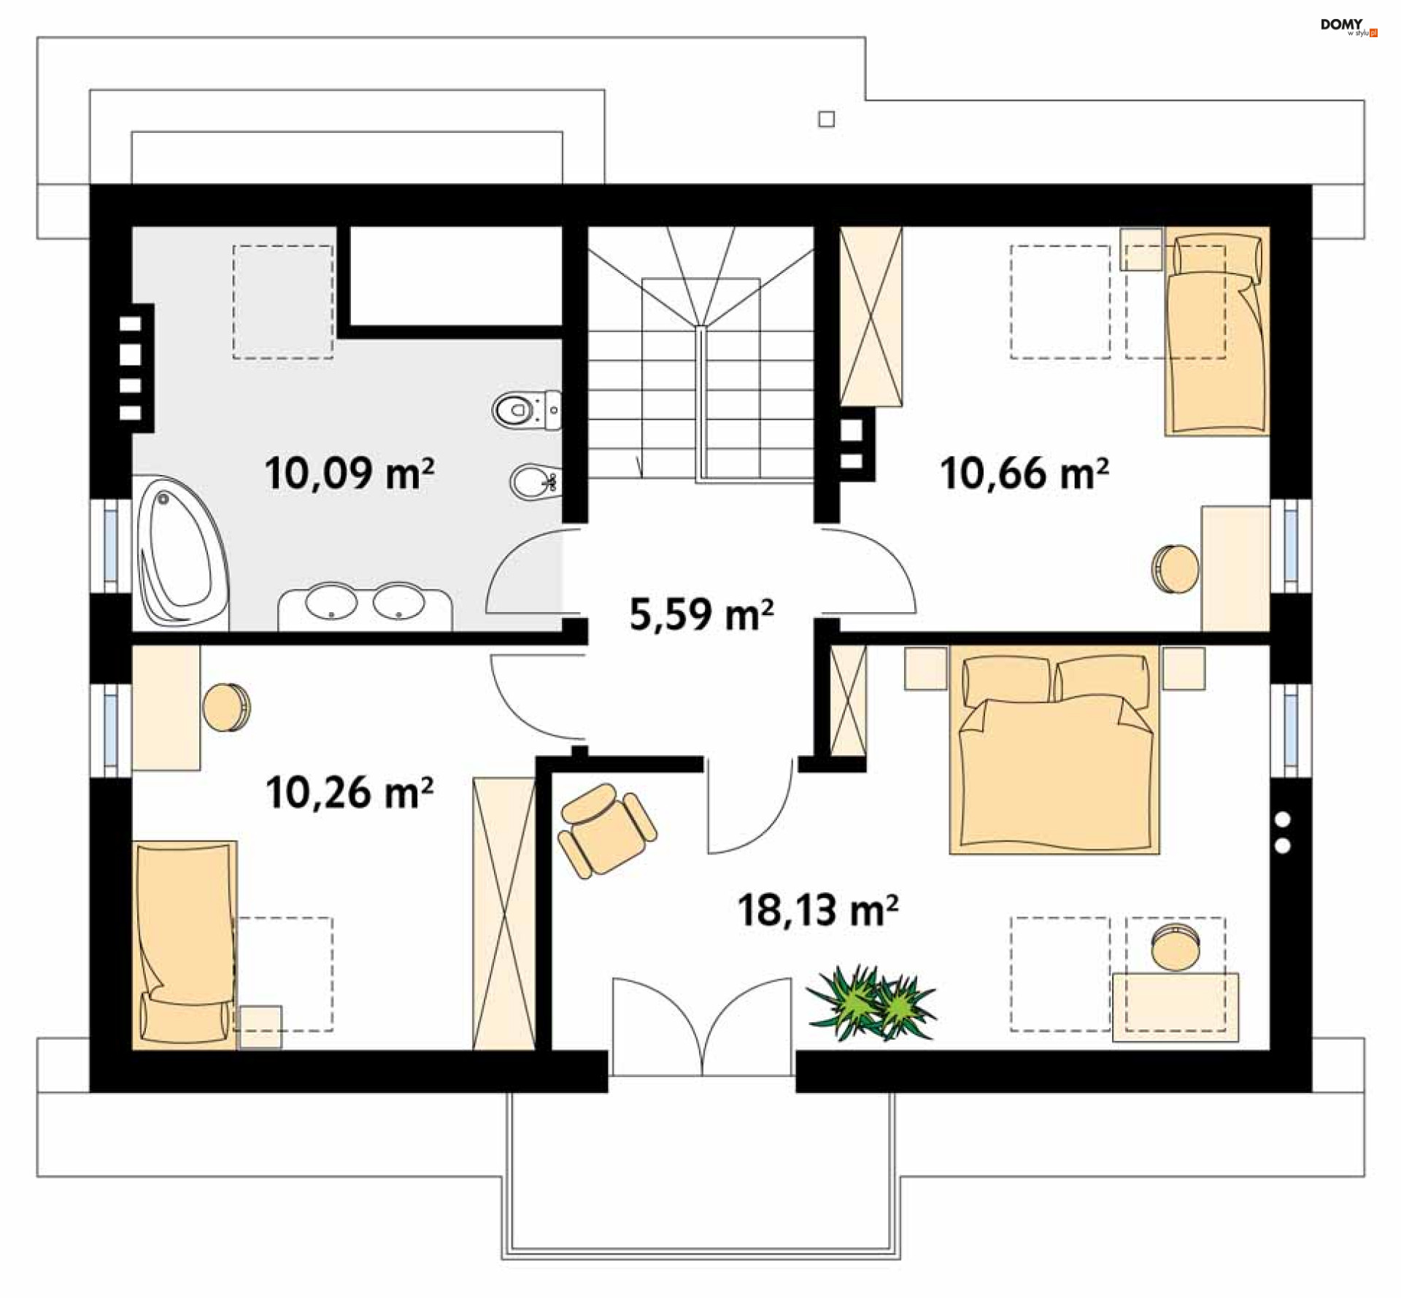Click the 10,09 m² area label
tap(350, 474)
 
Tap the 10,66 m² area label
tap(1024, 474)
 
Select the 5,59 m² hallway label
tap(701, 614)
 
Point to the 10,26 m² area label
tap(350, 792)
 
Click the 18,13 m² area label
tap(818, 911)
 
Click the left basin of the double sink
tap(331, 602)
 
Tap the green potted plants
tap(871, 1003)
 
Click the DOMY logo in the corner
tap(1348, 27)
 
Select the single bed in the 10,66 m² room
tap(1217, 332)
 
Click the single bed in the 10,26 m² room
tap(185, 945)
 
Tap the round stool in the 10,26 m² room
tap(226, 707)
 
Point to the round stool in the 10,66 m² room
tap(1175, 568)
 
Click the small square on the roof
tap(826, 119)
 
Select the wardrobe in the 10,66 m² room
tap(871, 316)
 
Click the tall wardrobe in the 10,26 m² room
tap(503, 914)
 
